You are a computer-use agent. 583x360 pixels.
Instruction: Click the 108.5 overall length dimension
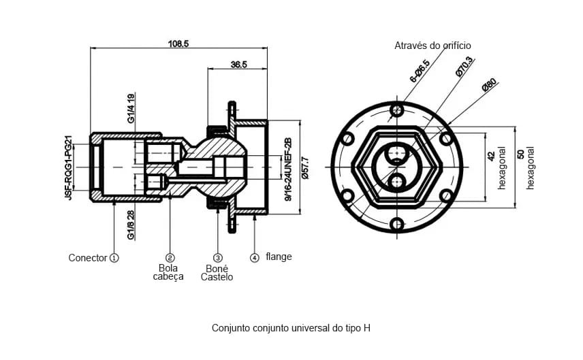tap(178, 44)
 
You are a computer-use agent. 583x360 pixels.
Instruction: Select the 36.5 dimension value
tap(238, 65)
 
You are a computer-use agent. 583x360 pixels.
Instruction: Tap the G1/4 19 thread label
tap(131, 108)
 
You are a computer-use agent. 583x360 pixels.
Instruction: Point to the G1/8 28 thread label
tap(131, 225)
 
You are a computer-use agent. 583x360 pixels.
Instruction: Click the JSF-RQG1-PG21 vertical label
tap(68, 167)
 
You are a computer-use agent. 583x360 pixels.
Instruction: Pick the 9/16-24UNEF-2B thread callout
tap(288, 169)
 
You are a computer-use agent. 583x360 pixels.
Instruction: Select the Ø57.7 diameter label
tap(305, 168)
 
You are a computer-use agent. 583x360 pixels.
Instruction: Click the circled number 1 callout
tap(114, 258)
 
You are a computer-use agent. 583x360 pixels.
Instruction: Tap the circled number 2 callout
tap(170, 258)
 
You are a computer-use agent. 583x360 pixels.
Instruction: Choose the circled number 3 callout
tap(217, 258)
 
